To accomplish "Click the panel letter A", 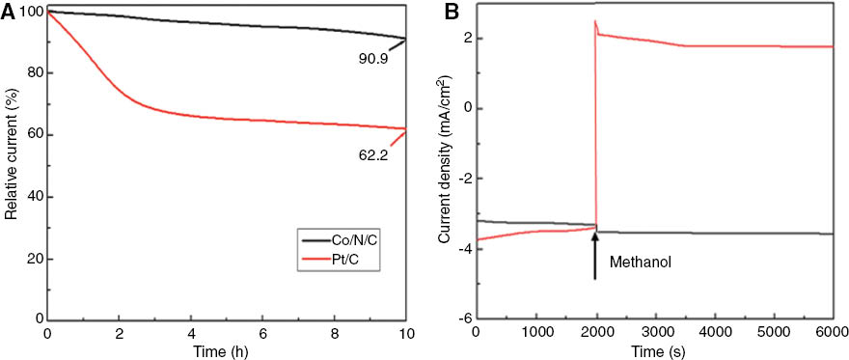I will point(9,11).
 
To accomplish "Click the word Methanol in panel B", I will point(639,261).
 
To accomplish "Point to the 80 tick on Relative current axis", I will point(35,73).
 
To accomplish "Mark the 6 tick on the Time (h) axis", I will point(263,332).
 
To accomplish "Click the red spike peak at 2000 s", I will point(595,21).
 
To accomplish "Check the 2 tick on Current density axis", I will point(464,38).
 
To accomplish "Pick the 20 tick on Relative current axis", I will point(35,260).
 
